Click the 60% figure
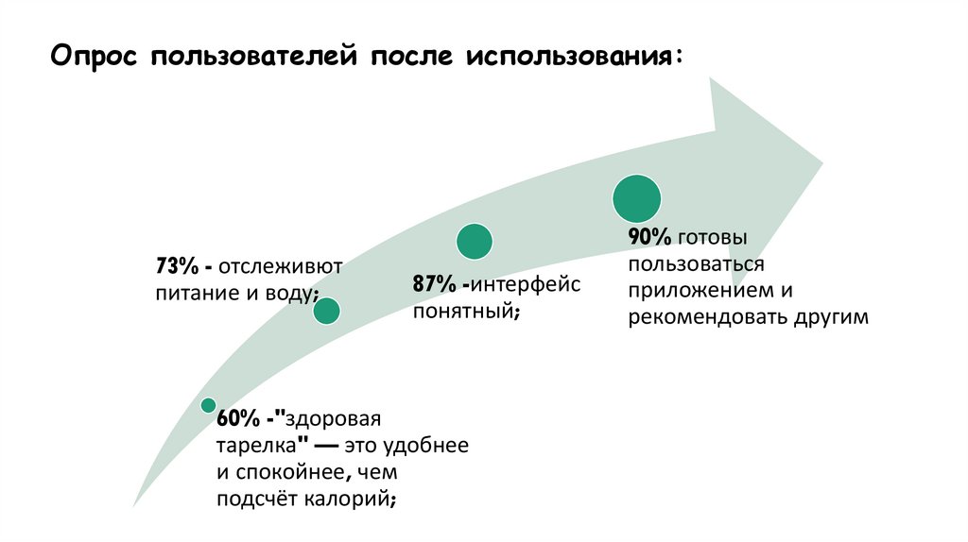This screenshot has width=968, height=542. [233, 418]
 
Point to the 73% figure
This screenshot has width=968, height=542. [176, 265]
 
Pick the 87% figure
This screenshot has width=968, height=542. [432, 284]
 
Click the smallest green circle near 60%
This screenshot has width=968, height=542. [208, 405]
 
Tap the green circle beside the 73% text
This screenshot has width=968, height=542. [326, 311]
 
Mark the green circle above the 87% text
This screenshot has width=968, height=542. [475, 241]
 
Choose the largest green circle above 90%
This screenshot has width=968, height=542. [636, 198]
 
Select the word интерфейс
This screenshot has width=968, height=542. [527, 284]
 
